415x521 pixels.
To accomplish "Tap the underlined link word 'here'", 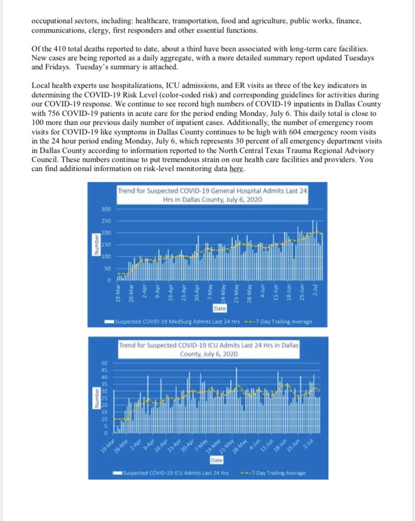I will pyautogui.click(x=236, y=170).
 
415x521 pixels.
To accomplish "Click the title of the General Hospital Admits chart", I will pyautogui.click(x=213, y=195).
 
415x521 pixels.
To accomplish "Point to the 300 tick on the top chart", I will pyautogui.click(x=106, y=209).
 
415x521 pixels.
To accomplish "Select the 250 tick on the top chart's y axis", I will pyautogui.click(x=106, y=221).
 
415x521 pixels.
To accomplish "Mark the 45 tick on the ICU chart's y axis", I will pyautogui.click(x=105, y=370).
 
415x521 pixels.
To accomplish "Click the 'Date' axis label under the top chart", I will pyautogui.click(x=219, y=309).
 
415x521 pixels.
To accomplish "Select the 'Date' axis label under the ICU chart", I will pyautogui.click(x=217, y=459).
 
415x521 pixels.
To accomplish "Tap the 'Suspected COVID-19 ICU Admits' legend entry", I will pyautogui.click(x=175, y=472).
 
